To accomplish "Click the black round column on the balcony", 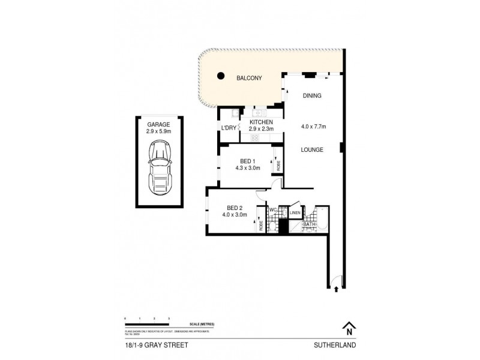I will [220, 76].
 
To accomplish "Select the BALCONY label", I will [249, 78].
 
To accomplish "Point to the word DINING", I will [313, 95].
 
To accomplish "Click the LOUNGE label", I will [313, 149].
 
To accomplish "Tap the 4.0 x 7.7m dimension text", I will [313, 127].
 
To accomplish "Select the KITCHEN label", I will [262, 121].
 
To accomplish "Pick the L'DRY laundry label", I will [229, 128].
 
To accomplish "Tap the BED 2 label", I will [235, 208].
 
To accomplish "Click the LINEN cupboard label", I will [295, 212].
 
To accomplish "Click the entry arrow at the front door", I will [336, 289].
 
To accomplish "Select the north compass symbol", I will [348, 328].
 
